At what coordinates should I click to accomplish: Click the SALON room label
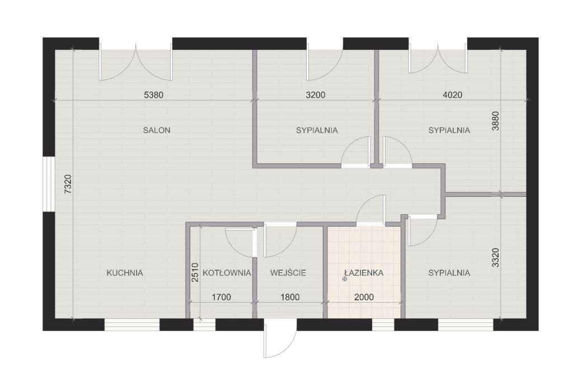click(x=157, y=130)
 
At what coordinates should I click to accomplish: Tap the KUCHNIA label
click(x=125, y=272)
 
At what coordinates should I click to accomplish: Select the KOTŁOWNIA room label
click(x=227, y=272)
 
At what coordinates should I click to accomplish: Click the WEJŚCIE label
click(x=288, y=272)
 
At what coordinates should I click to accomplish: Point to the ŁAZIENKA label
click(x=364, y=272)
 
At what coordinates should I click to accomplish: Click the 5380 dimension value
click(x=153, y=95)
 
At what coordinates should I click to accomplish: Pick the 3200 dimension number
click(x=316, y=95)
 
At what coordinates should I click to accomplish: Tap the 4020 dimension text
click(x=452, y=95)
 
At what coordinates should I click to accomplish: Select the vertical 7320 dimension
click(x=68, y=184)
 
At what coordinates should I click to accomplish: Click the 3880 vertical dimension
click(x=495, y=121)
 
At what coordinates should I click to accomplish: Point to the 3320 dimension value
click(x=495, y=258)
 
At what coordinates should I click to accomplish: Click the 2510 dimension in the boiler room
click(x=195, y=272)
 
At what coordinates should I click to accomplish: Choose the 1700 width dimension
click(x=222, y=297)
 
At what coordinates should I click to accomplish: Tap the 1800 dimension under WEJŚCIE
click(x=290, y=297)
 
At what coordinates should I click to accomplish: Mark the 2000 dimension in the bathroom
click(x=364, y=297)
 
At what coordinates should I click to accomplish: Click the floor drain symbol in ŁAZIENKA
click(x=344, y=279)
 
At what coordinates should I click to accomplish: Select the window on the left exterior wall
click(x=49, y=184)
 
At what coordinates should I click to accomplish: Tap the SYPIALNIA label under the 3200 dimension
click(x=317, y=130)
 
